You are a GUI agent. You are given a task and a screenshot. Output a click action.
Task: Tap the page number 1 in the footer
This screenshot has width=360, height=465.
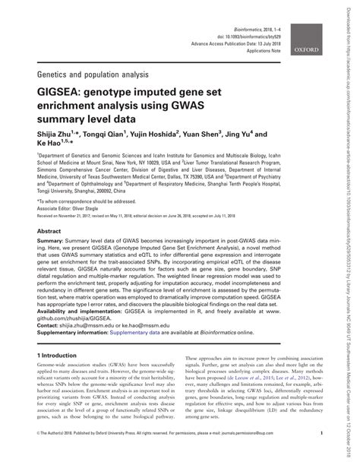click(x=322, y=456)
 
